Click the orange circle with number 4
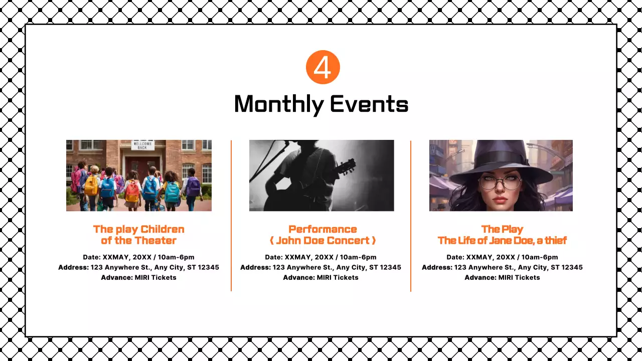[x=323, y=67]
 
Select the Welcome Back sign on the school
[x=143, y=145]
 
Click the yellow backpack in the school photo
[x=91, y=185]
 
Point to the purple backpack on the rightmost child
[x=193, y=187]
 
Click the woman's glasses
[x=500, y=182]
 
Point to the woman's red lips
[x=501, y=201]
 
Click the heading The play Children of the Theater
[x=138, y=235]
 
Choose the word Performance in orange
[x=323, y=229]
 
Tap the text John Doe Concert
[x=323, y=241]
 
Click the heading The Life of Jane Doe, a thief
[x=502, y=241]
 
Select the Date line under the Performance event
[x=320, y=257]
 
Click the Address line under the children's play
[x=138, y=267]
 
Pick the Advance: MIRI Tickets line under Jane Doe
[x=502, y=277]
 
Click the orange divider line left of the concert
[x=231, y=216]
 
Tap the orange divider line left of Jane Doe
[x=411, y=216]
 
